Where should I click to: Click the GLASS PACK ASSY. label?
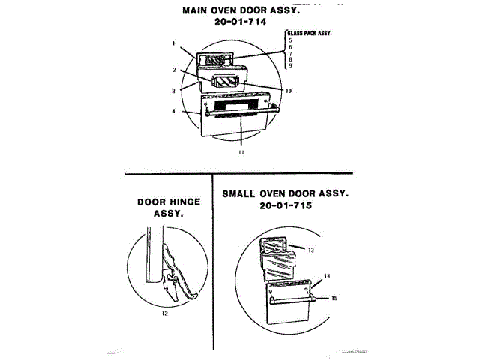[x=310, y=34]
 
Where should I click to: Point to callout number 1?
[x=173, y=43]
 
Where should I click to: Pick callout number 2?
[x=173, y=70]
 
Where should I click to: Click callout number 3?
[x=173, y=91]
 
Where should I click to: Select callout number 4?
[x=173, y=112]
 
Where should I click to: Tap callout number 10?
[x=288, y=91]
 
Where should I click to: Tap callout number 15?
[x=334, y=298]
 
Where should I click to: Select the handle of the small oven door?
[x=292, y=298]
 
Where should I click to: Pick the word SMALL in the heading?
[x=241, y=193]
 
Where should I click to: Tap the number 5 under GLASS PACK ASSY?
[x=289, y=40]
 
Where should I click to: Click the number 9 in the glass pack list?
[x=289, y=66]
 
